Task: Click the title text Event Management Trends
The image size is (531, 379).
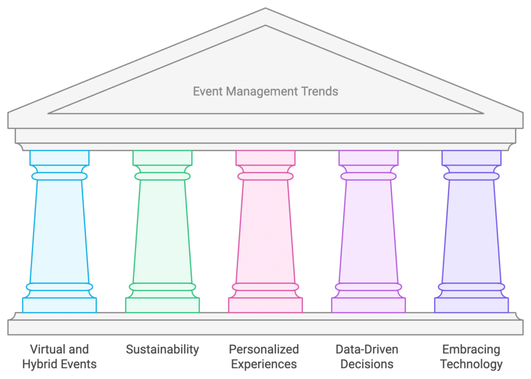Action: point(265,91)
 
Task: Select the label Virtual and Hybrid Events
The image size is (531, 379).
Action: point(59,357)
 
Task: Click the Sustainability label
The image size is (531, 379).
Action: point(162,349)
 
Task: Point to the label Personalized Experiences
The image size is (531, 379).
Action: point(264,357)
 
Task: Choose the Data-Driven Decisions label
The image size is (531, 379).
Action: point(367,357)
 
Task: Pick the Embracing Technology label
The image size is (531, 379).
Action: point(471,357)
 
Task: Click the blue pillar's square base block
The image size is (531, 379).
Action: point(60,305)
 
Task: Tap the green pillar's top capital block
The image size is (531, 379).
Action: point(162,158)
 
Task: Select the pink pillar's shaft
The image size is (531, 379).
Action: point(265,231)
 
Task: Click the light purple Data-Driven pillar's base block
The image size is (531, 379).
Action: point(369,305)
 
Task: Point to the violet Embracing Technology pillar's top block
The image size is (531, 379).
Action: point(471,158)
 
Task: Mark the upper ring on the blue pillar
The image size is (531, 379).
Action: point(60,177)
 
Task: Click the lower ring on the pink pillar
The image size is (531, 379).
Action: point(265,287)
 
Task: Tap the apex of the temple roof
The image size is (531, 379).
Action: point(265,8)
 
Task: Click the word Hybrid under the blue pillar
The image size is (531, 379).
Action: point(38,364)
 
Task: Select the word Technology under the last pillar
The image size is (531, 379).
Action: point(471,364)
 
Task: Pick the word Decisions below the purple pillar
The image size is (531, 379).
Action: point(367,364)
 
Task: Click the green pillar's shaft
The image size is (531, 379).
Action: point(162,231)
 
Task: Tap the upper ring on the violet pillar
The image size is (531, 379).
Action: point(471,177)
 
